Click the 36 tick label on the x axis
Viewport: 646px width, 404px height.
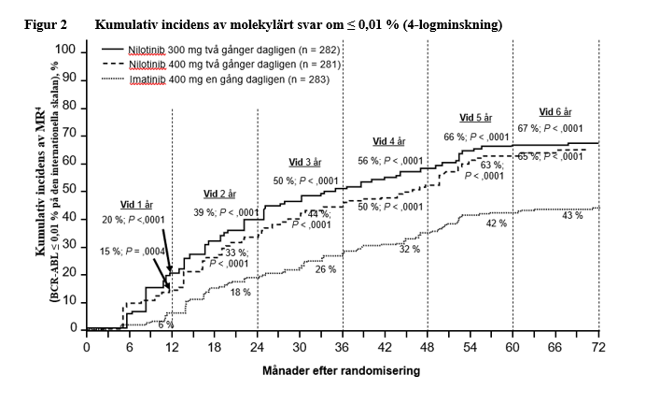pos(342,346)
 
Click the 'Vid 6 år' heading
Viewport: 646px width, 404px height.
pos(556,112)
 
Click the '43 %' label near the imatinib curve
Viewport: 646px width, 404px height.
pos(572,215)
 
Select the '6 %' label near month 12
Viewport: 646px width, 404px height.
pos(164,324)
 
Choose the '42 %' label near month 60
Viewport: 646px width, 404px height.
pos(496,224)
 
